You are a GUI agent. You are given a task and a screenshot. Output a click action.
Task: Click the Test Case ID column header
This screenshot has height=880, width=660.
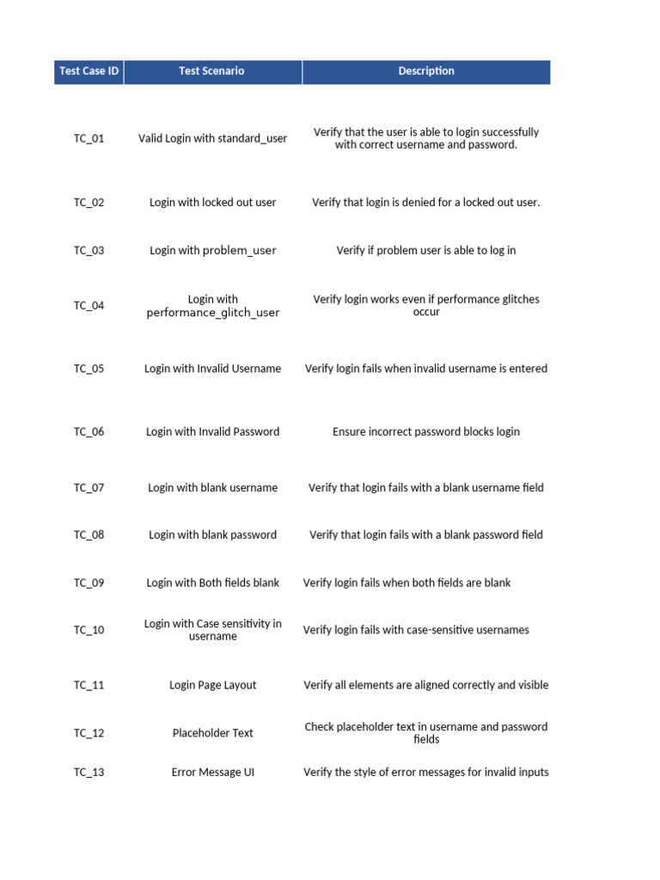[89, 71]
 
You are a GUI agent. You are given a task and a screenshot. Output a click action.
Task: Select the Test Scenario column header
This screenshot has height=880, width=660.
[211, 71]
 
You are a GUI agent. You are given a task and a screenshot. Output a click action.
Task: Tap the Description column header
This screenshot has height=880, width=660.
[426, 71]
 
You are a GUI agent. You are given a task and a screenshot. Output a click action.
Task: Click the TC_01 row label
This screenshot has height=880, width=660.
[89, 138]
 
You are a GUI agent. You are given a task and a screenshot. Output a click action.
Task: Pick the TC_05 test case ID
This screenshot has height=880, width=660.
[89, 369]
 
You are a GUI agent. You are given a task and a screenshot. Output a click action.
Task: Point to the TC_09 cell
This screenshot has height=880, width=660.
[89, 583]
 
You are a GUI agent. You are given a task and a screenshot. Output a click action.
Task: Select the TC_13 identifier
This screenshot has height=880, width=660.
[89, 773]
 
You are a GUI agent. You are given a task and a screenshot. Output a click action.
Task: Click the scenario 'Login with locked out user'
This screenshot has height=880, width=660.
[212, 203]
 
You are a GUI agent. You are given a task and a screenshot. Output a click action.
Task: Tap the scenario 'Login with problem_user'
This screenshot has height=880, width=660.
[212, 251]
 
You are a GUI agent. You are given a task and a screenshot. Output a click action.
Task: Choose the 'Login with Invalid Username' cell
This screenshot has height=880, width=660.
[212, 369]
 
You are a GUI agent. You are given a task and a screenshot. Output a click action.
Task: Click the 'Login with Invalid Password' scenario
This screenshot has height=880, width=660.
[212, 432]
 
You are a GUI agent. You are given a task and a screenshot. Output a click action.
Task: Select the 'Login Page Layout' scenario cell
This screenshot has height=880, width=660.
[212, 686]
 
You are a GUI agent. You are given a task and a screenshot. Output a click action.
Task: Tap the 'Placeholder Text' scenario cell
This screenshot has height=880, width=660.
[212, 733]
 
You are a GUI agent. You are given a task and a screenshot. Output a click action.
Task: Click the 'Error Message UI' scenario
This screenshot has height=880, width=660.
[212, 773]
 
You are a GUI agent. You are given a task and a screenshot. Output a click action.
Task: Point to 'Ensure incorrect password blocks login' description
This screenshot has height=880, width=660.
[426, 432]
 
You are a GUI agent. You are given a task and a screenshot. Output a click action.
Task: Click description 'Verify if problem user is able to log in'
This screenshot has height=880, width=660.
[426, 251]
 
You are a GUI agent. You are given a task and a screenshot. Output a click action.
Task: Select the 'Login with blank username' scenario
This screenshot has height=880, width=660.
[212, 488]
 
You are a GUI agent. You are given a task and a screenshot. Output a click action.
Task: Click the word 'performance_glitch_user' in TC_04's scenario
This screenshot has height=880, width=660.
[213, 313]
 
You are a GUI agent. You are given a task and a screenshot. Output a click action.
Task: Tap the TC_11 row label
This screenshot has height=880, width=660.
[89, 686]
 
